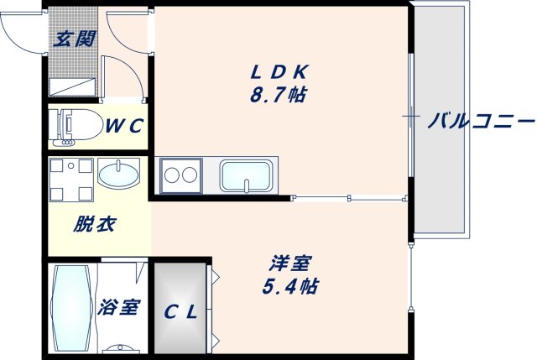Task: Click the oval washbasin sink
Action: tap(120, 176)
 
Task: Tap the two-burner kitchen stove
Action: tap(180, 175)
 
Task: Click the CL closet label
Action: tap(180, 313)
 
